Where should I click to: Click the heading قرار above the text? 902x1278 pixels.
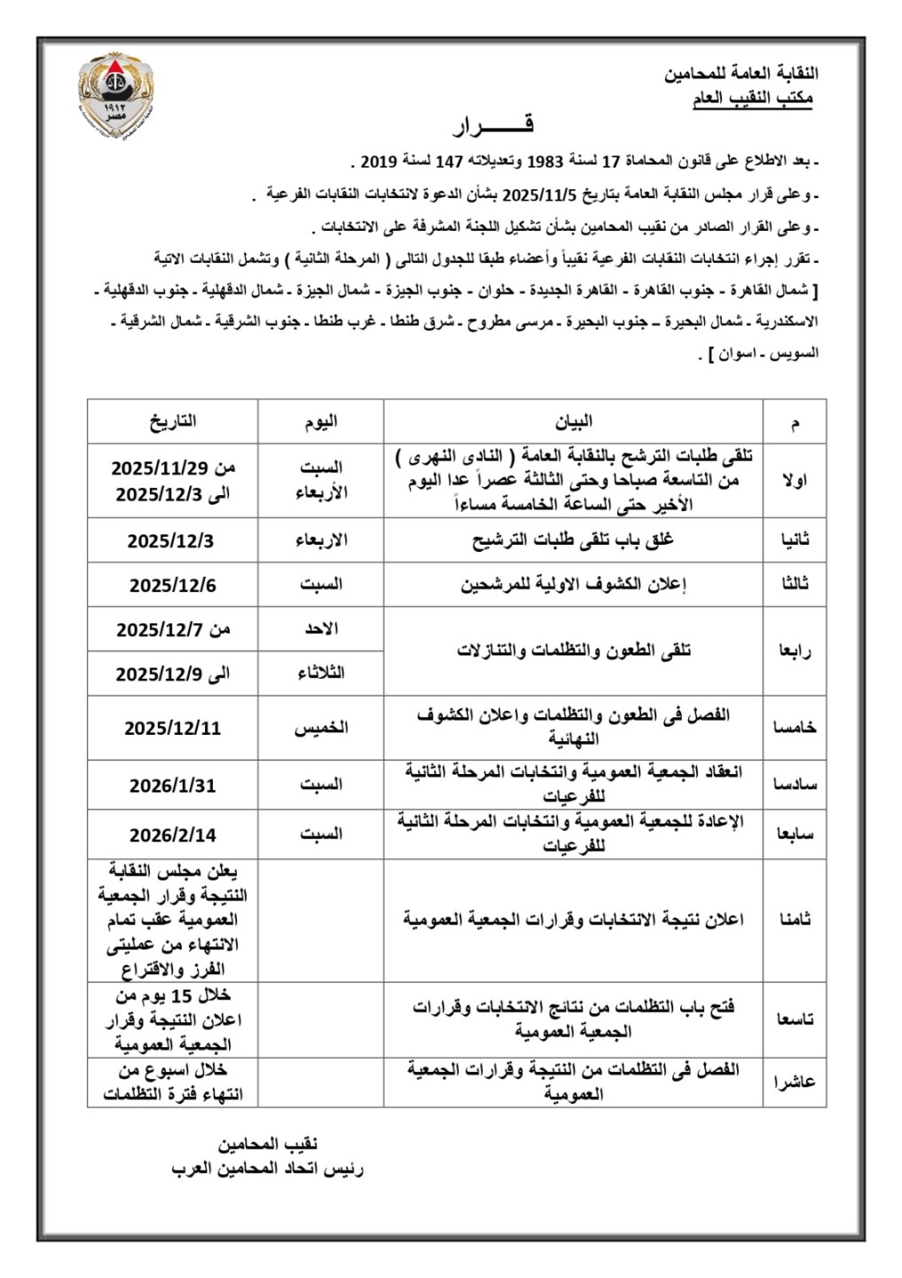[x=493, y=126]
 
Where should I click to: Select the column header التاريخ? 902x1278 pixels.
[x=173, y=422]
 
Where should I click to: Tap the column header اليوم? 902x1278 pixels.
[x=321, y=422]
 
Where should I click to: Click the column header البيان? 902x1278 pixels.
[x=573, y=422]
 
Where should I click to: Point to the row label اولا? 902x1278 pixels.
[x=794, y=480]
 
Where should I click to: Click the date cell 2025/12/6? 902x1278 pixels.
[x=173, y=585]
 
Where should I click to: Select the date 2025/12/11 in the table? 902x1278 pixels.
[x=173, y=728]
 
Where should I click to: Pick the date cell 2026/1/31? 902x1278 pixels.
[x=173, y=785]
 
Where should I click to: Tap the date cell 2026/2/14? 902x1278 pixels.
[x=173, y=835]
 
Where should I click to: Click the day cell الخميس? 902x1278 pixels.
[x=321, y=728]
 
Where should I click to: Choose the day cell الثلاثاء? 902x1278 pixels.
[x=321, y=674]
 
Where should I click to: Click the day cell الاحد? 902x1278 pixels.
[x=321, y=629]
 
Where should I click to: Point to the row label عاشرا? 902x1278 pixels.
[x=794, y=1082]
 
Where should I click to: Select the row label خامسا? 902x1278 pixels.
[x=794, y=728]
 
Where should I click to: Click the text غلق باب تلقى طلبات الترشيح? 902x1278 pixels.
[x=573, y=540]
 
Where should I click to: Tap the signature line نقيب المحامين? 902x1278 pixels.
[x=268, y=1144]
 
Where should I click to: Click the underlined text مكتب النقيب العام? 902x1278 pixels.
[x=752, y=100]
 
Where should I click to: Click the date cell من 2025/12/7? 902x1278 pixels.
[x=173, y=629]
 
